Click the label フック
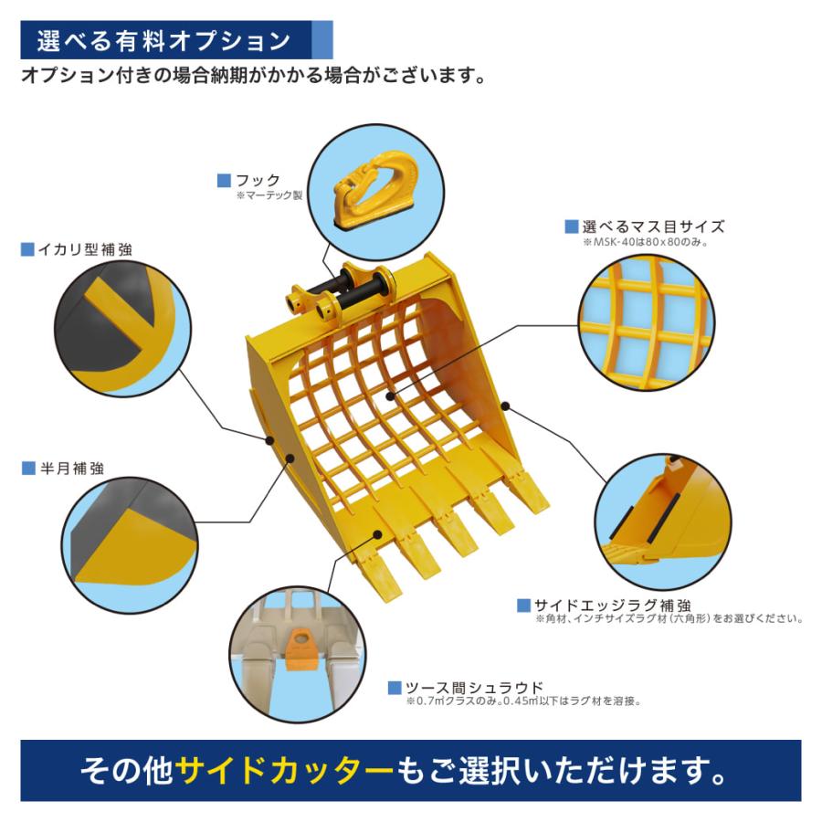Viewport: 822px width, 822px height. tap(258, 181)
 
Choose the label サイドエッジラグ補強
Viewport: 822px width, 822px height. tap(611, 605)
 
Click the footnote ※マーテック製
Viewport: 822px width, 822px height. tap(269, 195)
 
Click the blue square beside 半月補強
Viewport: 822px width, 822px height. tap(27, 469)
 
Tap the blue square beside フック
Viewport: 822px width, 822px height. tap(224, 181)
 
